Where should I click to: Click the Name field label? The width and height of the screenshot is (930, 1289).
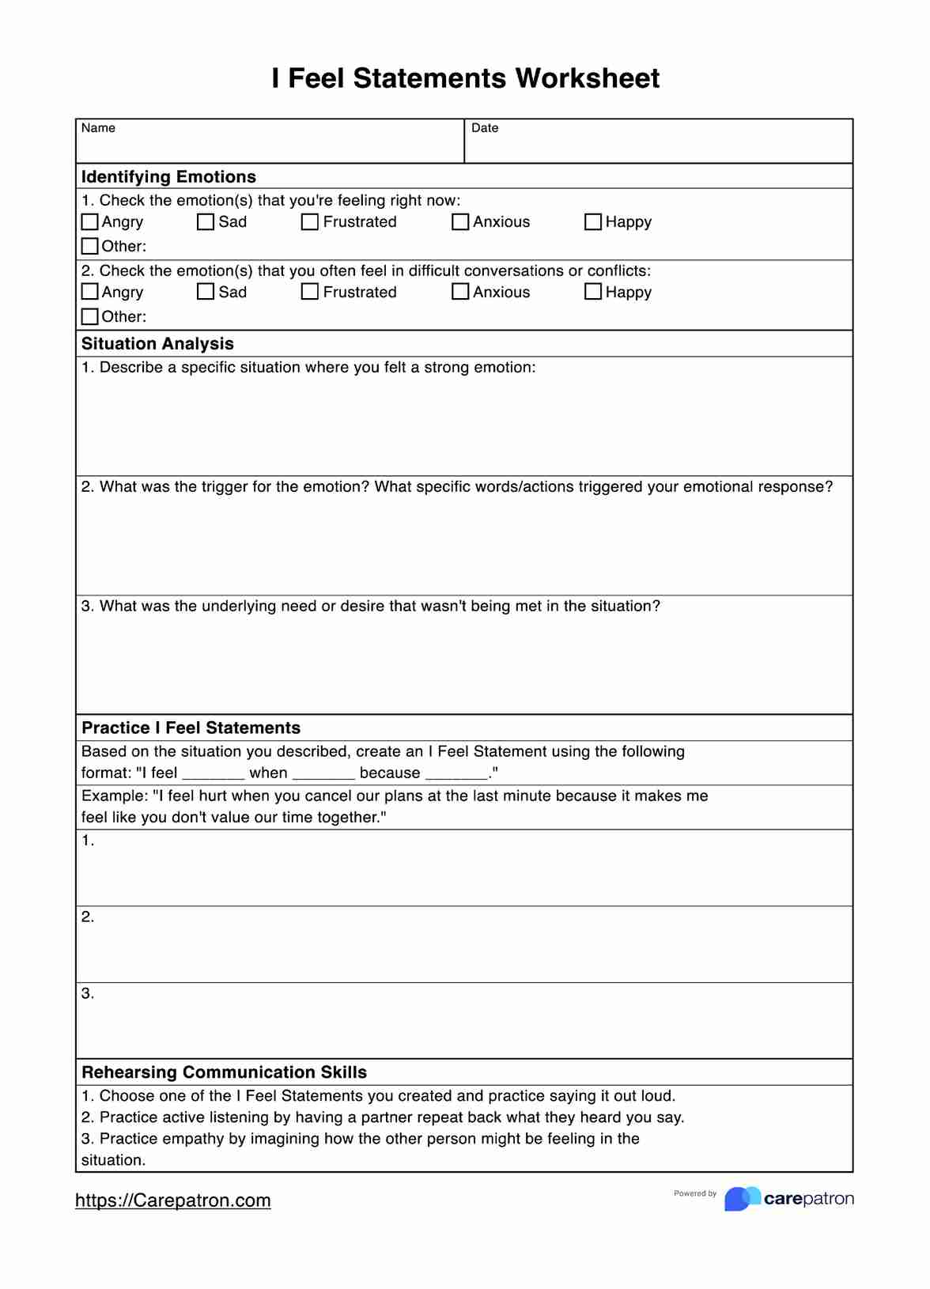pos(98,128)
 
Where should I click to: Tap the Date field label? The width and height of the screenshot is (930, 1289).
pos(485,128)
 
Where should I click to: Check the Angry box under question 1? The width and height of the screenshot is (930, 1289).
pos(90,222)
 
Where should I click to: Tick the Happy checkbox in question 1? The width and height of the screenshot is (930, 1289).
pos(593,222)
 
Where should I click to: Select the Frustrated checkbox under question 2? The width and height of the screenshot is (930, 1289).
pos(310,292)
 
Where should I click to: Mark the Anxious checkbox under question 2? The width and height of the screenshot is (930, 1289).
pos(460,292)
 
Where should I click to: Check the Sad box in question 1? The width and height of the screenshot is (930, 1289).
pos(206,222)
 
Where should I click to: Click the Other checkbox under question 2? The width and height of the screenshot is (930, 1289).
pos(90,316)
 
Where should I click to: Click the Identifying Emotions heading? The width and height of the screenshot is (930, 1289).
pos(168,176)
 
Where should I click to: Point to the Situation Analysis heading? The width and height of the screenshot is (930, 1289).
pos(157,343)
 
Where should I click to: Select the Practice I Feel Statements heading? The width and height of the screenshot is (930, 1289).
pos(191,728)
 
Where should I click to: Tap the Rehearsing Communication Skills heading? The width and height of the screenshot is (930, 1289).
pos(224,1072)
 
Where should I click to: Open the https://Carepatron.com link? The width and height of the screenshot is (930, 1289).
pos(172,1200)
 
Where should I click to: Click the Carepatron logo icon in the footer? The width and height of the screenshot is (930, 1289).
pos(742,1199)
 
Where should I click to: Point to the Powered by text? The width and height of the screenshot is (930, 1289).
pos(695,1193)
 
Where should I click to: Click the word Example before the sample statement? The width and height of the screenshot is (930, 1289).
pos(113,796)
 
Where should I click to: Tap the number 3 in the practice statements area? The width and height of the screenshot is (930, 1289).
pos(86,994)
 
